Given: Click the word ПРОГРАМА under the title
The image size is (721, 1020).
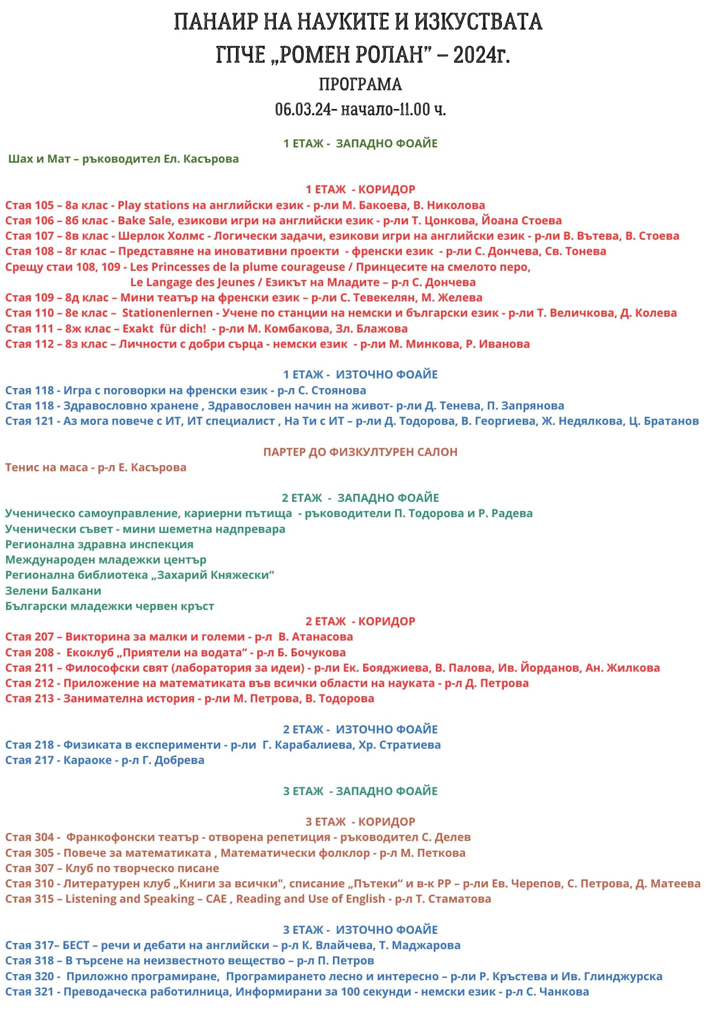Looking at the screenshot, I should point(360,84).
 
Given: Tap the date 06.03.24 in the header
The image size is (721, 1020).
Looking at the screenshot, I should point(303,109).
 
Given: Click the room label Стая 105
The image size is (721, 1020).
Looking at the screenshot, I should point(30,206).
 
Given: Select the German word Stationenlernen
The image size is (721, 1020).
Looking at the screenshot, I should point(167,313).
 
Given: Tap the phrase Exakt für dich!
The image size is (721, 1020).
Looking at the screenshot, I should point(164,329).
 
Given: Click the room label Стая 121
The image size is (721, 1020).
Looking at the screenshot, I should point(30,421).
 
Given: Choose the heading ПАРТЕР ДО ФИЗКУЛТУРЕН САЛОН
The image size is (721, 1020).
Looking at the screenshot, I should point(360,452).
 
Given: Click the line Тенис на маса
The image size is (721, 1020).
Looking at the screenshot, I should point(46,468).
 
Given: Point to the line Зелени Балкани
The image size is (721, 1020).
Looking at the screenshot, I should point(53,591).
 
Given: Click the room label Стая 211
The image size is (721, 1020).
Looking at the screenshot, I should point(30,668).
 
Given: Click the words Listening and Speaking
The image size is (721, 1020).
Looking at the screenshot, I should point(130,899).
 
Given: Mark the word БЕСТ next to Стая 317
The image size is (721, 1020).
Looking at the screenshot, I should point(76,946).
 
